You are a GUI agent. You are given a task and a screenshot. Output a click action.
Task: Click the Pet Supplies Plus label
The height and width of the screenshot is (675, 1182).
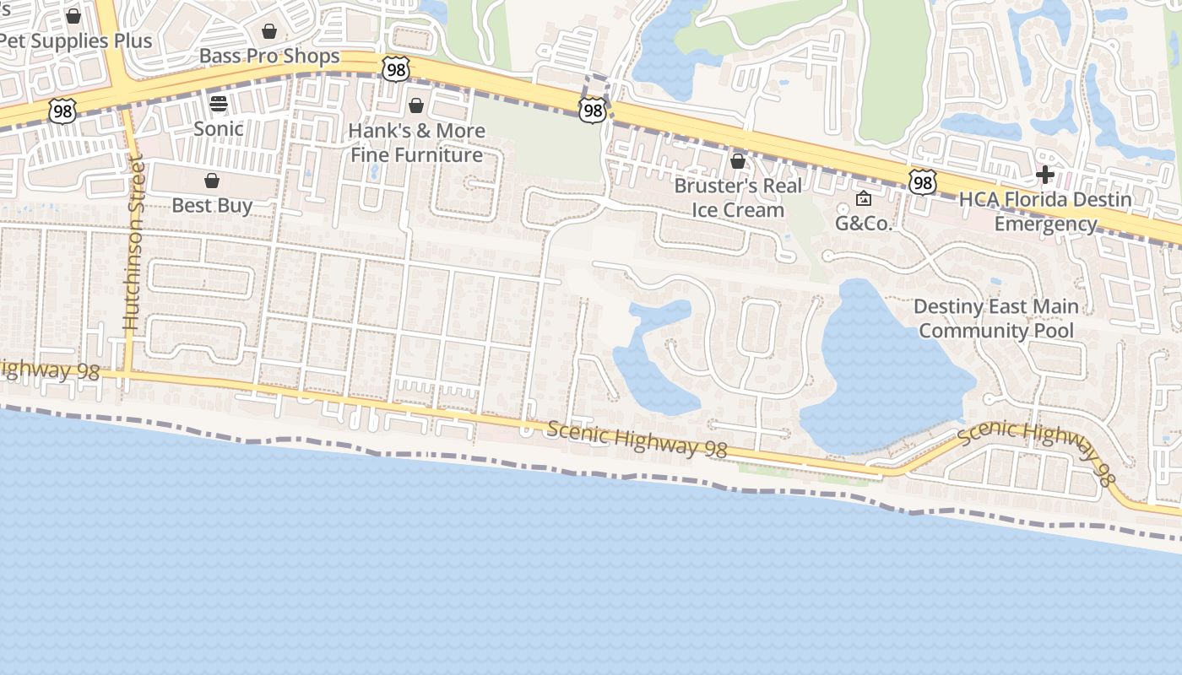tap(76, 40)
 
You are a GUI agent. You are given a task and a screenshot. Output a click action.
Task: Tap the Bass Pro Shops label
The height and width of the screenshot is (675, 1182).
tap(269, 56)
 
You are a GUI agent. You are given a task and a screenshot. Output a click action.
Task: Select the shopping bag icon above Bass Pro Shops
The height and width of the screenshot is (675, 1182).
tap(269, 32)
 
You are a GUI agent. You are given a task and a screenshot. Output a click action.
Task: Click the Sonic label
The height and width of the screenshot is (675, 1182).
tap(219, 128)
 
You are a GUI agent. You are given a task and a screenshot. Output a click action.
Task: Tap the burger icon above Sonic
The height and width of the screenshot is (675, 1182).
tap(219, 104)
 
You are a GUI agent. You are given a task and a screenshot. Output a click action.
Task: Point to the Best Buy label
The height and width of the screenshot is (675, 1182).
tap(212, 205)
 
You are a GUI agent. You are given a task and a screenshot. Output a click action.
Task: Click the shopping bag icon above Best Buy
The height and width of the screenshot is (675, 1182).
tap(212, 181)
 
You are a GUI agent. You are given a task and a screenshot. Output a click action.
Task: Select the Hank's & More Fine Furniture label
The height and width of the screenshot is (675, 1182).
tap(417, 143)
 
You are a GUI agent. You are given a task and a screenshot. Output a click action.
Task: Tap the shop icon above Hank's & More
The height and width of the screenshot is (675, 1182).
tap(415, 105)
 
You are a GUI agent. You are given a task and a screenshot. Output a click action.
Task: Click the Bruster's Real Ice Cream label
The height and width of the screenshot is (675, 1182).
tap(738, 197)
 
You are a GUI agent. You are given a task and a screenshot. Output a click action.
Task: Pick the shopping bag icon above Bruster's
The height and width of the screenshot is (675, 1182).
tap(738, 160)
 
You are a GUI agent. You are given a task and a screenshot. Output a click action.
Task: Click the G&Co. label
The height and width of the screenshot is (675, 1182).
tap(864, 224)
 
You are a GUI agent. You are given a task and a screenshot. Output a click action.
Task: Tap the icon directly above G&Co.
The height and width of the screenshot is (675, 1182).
tap(864, 199)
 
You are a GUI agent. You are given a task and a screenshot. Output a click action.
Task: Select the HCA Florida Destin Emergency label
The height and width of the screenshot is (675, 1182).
tap(1045, 212)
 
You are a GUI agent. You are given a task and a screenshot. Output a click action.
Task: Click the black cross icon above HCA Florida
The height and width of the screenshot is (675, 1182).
tap(1045, 175)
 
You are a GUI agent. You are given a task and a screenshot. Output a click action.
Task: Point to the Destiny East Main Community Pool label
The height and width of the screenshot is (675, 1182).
tap(996, 318)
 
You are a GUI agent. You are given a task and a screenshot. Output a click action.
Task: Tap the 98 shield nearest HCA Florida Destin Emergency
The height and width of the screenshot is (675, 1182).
tap(923, 181)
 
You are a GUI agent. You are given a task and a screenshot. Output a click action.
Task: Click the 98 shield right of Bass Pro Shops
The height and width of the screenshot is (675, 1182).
tap(395, 68)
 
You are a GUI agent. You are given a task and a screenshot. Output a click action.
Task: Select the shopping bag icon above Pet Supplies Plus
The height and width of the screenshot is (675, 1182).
tap(73, 16)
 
